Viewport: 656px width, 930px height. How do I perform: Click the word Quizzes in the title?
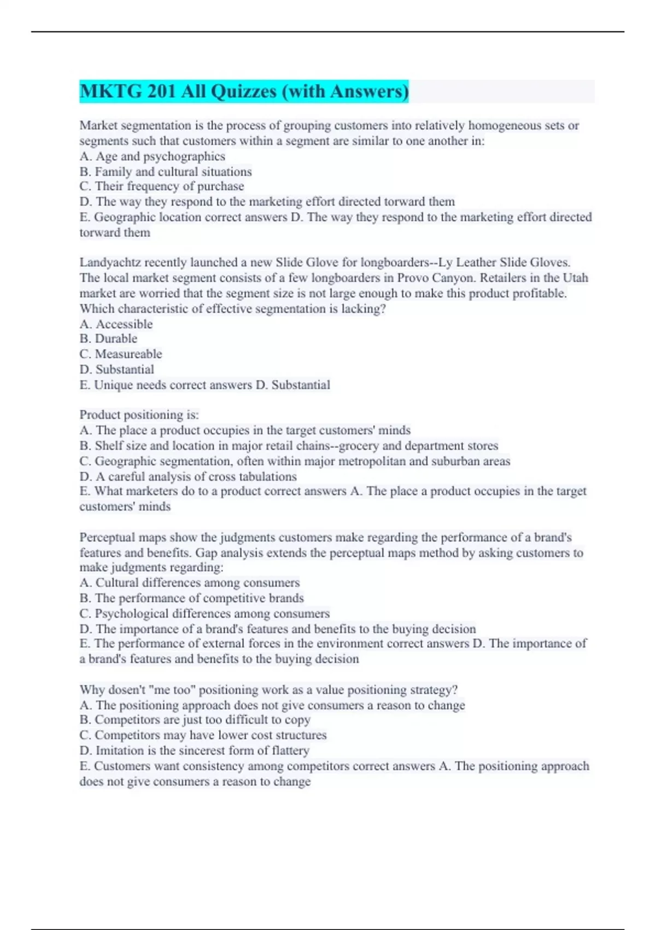(244, 91)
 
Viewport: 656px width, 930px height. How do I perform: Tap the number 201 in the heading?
(161, 91)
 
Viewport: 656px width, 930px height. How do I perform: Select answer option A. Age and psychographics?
(152, 156)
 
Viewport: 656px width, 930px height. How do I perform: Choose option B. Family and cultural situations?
(165, 172)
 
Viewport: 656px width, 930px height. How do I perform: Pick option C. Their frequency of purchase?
(161, 187)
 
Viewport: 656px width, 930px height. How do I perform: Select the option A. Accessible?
(116, 324)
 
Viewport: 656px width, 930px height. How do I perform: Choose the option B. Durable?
(108, 339)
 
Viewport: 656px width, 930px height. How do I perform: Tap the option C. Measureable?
(120, 354)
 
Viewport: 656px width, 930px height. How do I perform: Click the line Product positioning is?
(139, 415)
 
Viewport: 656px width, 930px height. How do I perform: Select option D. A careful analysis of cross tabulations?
(188, 476)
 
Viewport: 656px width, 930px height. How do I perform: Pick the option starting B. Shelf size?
(288, 446)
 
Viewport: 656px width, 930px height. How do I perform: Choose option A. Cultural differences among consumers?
(189, 583)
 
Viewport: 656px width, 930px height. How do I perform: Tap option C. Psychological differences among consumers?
(204, 614)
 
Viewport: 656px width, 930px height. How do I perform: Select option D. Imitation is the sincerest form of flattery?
(194, 751)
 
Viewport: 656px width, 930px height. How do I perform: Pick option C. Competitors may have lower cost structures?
(202, 735)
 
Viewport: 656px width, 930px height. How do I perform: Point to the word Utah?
(575, 278)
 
